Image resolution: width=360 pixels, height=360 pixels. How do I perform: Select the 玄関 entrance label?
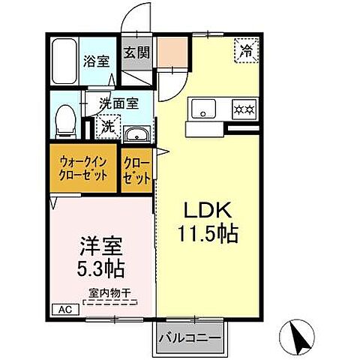(x=136, y=52)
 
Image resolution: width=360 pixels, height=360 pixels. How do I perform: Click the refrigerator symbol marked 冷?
(x=246, y=52)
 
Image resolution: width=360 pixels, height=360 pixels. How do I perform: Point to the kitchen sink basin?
(x=202, y=109)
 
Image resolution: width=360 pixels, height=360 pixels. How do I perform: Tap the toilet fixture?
(x=67, y=120)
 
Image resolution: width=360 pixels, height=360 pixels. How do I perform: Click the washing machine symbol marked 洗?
(x=108, y=126)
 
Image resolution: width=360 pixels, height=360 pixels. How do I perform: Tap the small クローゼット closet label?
(x=136, y=168)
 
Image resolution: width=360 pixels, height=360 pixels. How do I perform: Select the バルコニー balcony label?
(x=189, y=339)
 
